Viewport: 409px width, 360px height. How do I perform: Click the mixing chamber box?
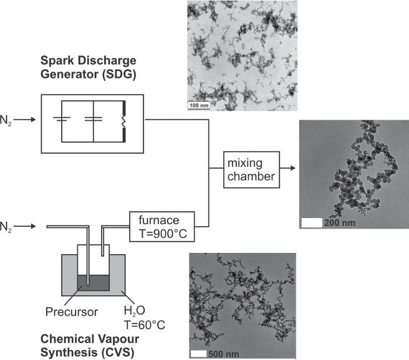point(250,169)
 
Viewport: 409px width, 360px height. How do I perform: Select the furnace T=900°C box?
point(162,226)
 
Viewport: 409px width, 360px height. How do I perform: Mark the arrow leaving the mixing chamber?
point(286,169)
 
